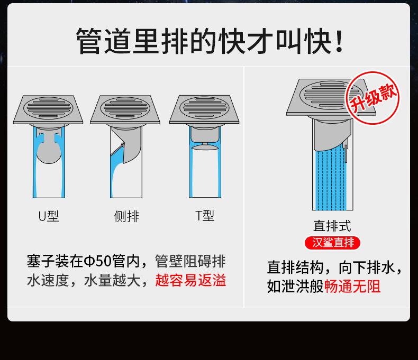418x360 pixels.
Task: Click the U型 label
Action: click(49, 216)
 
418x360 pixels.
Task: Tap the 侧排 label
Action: click(126, 216)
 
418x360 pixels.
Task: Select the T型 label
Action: click(204, 216)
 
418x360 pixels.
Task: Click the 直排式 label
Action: click(332, 226)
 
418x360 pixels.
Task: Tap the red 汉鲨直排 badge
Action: click(332, 243)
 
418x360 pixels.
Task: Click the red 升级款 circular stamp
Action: click(372, 98)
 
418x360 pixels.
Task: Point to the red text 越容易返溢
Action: click(190, 280)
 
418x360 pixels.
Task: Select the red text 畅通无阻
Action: click(352, 287)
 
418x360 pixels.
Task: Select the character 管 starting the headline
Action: click(89, 41)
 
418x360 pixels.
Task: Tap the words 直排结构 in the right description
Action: click(295, 267)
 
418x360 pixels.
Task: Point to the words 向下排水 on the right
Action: click(367, 267)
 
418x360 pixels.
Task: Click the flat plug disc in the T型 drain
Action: click(205, 147)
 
